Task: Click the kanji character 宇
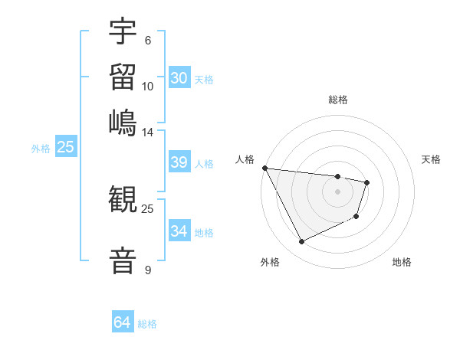click(x=123, y=32)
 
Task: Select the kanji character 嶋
click(x=123, y=122)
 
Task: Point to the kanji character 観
click(x=123, y=200)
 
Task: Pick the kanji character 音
click(x=123, y=260)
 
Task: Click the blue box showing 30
click(x=179, y=78)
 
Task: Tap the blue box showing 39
click(x=179, y=162)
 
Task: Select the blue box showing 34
click(x=179, y=231)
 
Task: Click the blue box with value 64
click(x=122, y=322)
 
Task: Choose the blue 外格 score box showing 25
click(x=65, y=148)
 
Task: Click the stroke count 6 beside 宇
click(x=147, y=41)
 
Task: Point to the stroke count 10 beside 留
click(x=147, y=86)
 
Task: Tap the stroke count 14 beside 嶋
click(x=147, y=132)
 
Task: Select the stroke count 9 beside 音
click(x=147, y=270)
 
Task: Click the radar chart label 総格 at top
click(x=338, y=100)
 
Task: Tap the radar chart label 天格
click(x=432, y=159)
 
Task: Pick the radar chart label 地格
click(x=402, y=262)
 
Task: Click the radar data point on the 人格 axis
click(x=264, y=168)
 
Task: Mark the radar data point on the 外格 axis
click(x=301, y=242)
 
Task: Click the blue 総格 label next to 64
click(x=147, y=324)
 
